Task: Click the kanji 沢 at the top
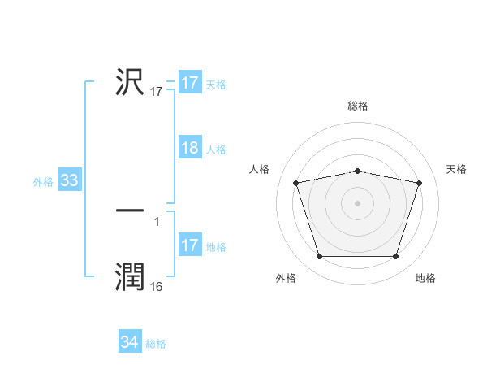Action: pos(130,82)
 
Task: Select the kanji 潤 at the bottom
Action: pos(130,277)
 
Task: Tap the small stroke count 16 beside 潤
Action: pos(157,287)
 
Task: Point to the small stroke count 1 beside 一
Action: pos(157,221)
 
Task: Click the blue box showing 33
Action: pos(69,181)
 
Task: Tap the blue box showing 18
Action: pos(189,149)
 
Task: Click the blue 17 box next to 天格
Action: pos(189,84)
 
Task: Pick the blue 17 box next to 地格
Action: pos(189,246)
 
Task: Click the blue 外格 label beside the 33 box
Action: pos(43,182)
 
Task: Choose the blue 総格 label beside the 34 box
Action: pos(156,344)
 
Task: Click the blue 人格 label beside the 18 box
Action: pos(216,150)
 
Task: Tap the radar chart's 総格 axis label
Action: pos(358,106)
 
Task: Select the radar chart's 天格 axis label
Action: pos(457,169)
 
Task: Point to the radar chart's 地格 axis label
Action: pos(425,278)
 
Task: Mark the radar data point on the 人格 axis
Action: pos(296,183)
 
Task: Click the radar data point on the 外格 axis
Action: pos(319,257)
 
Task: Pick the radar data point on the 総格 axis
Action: pos(358,171)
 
